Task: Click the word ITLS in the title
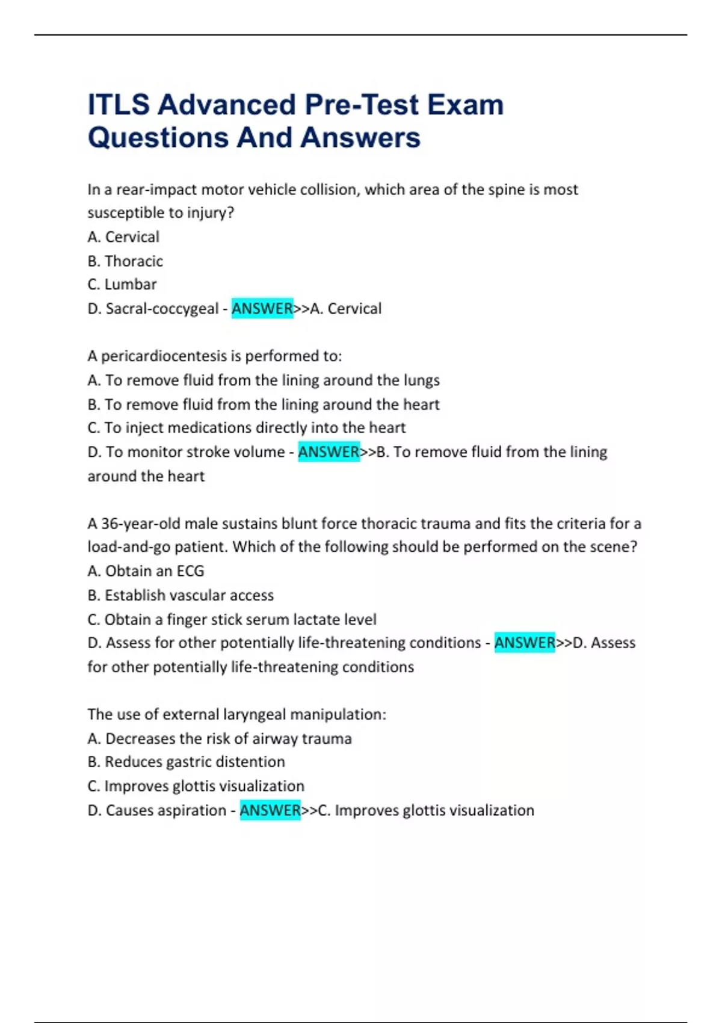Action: (x=119, y=105)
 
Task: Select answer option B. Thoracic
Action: (x=125, y=261)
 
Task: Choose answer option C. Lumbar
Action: (x=122, y=284)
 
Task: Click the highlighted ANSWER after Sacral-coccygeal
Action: (x=262, y=308)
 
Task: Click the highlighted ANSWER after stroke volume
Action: (x=329, y=451)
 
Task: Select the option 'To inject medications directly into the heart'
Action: (x=247, y=427)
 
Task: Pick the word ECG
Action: (x=190, y=570)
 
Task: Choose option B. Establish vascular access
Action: (x=180, y=595)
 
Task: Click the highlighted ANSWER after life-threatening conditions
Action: (x=525, y=643)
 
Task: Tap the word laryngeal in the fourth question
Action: (x=255, y=714)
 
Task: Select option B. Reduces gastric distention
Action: (x=187, y=762)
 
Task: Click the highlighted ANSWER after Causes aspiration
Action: (x=270, y=810)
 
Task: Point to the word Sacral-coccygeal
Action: (x=162, y=308)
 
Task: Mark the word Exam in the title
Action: (x=465, y=105)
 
